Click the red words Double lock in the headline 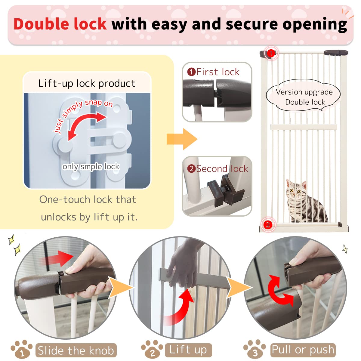(x=60, y=24)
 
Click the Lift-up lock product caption (x=87, y=83)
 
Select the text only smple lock (x=91, y=166)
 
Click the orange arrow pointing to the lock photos (x=182, y=139)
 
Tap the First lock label (x=214, y=72)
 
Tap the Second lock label (x=218, y=169)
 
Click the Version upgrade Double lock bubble (x=304, y=97)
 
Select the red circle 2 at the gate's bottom (x=268, y=224)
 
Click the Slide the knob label (x=76, y=350)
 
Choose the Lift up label (x=188, y=350)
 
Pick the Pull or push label (x=303, y=350)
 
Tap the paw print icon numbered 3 (x=255, y=350)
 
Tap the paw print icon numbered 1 (x=22, y=350)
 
